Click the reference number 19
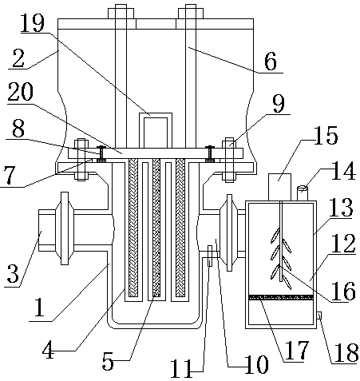click(x=32, y=22)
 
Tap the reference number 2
click(x=18, y=58)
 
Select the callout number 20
click(x=21, y=92)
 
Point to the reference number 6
click(x=271, y=61)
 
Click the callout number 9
click(x=279, y=104)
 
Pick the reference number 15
click(x=326, y=135)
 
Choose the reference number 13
click(x=341, y=207)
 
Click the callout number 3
click(x=13, y=273)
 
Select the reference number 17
click(x=297, y=350)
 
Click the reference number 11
click(x=181, y=368)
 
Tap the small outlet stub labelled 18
click(x=319, y=316)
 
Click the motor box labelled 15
click(x=279, y=187)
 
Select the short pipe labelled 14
click(x=303, y=193)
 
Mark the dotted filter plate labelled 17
click(x=280, y=297)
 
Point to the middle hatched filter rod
click(x=156, y=228)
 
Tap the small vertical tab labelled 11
click(x=210, y=256)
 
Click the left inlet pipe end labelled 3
click(x=47, y=230)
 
